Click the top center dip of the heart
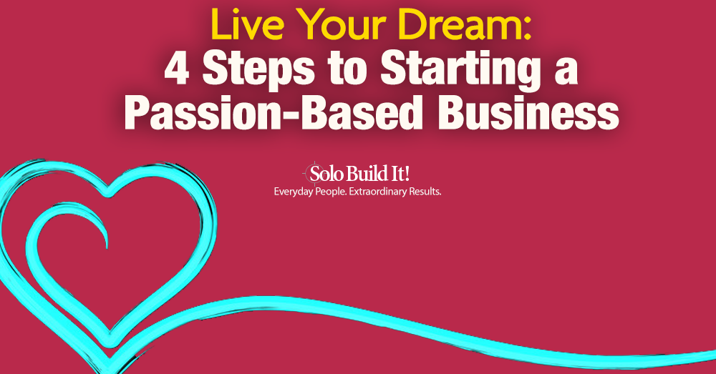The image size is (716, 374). [107, 192]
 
